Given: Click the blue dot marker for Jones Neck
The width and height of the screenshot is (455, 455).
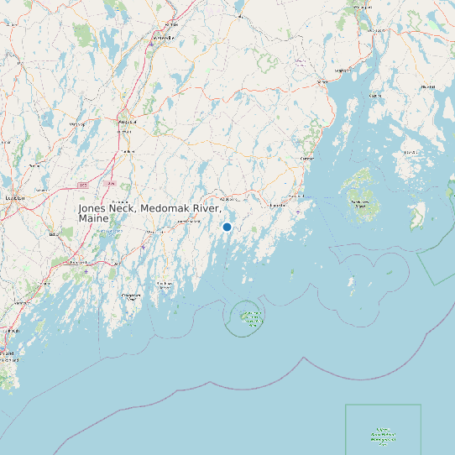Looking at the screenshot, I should point(227,227).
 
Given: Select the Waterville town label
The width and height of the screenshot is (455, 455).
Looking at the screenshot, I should point(165,38).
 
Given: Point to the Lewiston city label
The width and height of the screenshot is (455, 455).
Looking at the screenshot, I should point(13,197).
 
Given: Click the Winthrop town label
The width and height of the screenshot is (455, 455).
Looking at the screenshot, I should point(78,124).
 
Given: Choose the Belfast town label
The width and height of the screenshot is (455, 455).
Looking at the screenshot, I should point(342,71).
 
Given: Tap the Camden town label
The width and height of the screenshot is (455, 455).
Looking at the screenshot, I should point(308,158).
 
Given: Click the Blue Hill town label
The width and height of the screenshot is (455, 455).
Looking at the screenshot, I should point(428,86).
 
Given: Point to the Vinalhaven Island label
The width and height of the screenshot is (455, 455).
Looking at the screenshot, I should point(360,203).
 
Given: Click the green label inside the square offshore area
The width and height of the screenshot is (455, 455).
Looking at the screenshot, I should point(383,435).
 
